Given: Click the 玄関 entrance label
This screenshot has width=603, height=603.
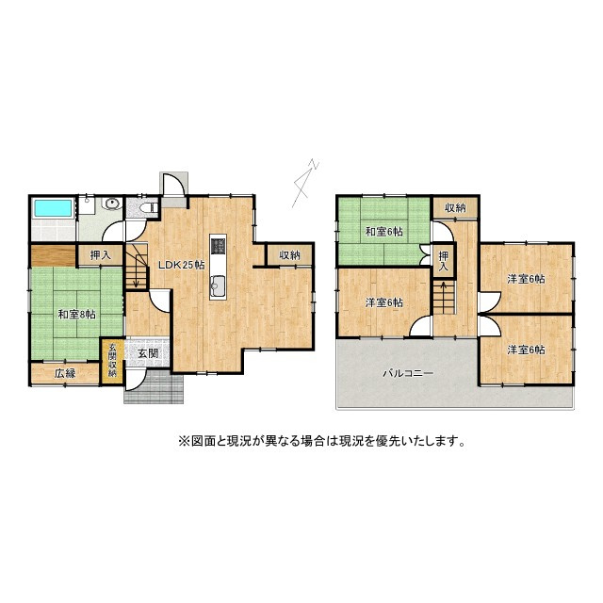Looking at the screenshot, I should [x=147, y=354].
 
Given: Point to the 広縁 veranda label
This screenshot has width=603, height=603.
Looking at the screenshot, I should [x=64, y=373].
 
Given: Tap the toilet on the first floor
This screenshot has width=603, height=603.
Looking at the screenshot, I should [x=147, y=206].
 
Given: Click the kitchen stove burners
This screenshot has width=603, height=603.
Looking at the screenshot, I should [x=218, y=248].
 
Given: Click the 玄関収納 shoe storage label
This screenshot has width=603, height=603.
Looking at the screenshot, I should [x=112, y=360].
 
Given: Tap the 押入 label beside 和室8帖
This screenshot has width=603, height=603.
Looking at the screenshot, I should [x=99, y=254].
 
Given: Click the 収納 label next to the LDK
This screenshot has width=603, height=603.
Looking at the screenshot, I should [x=289, y=255].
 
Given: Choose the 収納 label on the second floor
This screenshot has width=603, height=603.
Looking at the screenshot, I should [x=456, y=208].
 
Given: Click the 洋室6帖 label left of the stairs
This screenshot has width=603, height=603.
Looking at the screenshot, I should [x=384, y=302].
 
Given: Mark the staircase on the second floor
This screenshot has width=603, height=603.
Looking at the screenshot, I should [x=446, y=301].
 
